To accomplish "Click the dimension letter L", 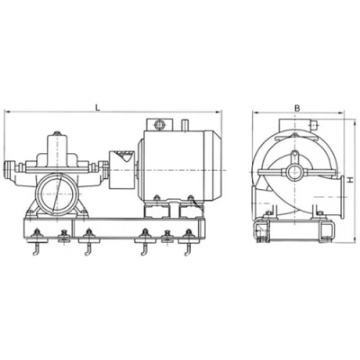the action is (97, 107).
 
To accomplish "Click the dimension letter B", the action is (297, 108).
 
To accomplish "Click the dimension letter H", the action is (350, 180).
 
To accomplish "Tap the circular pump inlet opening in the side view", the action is (57, 194).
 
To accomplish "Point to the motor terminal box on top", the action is (159, 124).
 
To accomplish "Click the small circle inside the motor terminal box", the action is (159, 124).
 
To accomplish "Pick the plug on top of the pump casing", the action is (57, 133).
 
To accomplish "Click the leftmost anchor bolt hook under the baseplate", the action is (36, 249).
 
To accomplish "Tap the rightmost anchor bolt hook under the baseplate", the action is (188, 249).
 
